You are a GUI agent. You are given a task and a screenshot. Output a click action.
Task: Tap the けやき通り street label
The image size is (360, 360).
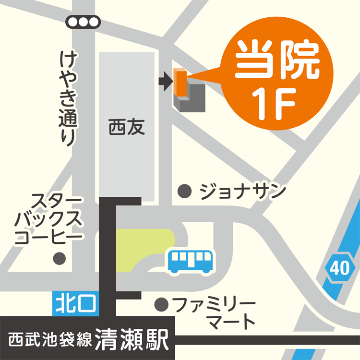pyautogui.click(x=68, y=98)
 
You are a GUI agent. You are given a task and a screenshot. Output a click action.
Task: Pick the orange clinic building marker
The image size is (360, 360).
pyautogui.click(x=180, y=83)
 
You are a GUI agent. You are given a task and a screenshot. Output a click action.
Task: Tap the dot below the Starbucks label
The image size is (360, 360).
pyautogui.click(x=60, y=258)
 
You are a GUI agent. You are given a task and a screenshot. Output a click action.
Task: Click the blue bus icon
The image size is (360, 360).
pyautogui.click(x=191, y=261)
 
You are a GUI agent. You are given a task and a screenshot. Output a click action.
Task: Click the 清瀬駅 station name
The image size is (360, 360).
pyautogui.click(x=131, y=340)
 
